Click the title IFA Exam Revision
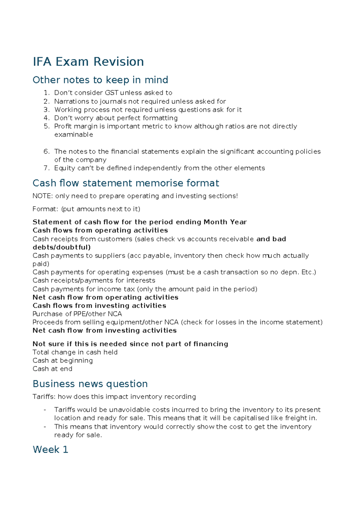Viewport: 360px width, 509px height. [88, 62]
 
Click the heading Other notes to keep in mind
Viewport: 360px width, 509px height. [100, 80]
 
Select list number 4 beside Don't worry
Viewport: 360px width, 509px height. [46, 118]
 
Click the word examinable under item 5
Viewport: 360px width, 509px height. [73, 135]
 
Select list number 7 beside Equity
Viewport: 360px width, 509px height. [46, 168]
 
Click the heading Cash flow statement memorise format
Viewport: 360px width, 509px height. [126, 183]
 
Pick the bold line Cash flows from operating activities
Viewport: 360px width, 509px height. [100, 230]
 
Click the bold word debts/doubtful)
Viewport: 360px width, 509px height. [61, 247]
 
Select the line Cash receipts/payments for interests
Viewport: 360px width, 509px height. [94, 280]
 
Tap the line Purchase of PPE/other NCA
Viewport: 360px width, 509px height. [77, 314]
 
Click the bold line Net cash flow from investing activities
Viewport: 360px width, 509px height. [104, 330]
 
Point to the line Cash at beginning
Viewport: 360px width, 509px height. [63, 360]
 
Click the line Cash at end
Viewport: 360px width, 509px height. [52, 369]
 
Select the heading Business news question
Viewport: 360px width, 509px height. [90, 384]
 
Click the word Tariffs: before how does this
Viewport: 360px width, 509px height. [44, 397]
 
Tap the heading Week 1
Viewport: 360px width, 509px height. [50, 450]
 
